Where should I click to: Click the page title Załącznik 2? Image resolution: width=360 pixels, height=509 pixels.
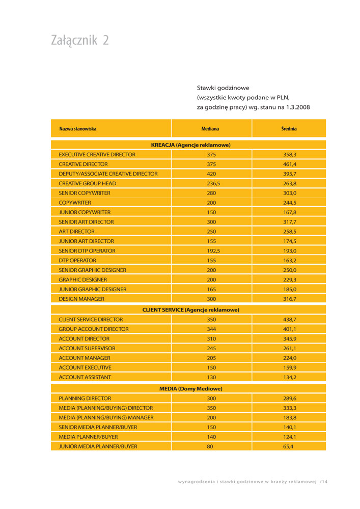[x=80, y=41]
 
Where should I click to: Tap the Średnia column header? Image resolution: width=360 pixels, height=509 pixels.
[x=289, y=129]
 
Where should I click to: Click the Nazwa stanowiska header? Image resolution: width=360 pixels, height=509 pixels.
[x=77, y=129]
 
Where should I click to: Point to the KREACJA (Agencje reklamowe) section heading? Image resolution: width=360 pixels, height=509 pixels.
[x=190, y=145]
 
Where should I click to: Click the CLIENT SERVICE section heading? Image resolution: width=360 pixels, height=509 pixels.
[x=190, y=309]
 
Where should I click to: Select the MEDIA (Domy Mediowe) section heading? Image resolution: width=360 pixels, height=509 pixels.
[x=190, y=388]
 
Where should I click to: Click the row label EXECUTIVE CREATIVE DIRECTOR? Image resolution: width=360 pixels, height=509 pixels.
[x=97, y=154]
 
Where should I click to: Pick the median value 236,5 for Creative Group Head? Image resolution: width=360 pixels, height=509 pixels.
[x=211, y=183]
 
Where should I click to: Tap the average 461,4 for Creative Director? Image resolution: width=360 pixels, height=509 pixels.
[x=290, y=164]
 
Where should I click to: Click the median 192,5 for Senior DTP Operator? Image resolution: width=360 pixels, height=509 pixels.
[x=211, y=251]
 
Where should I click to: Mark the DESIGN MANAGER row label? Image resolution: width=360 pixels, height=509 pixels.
[x=81, y=299]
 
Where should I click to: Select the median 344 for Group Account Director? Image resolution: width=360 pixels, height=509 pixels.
[x=211, y=329]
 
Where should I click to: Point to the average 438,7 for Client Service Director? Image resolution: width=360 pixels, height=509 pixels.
[x=290, y=319]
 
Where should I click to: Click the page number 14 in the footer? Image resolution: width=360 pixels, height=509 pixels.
[x=325, y=481]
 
